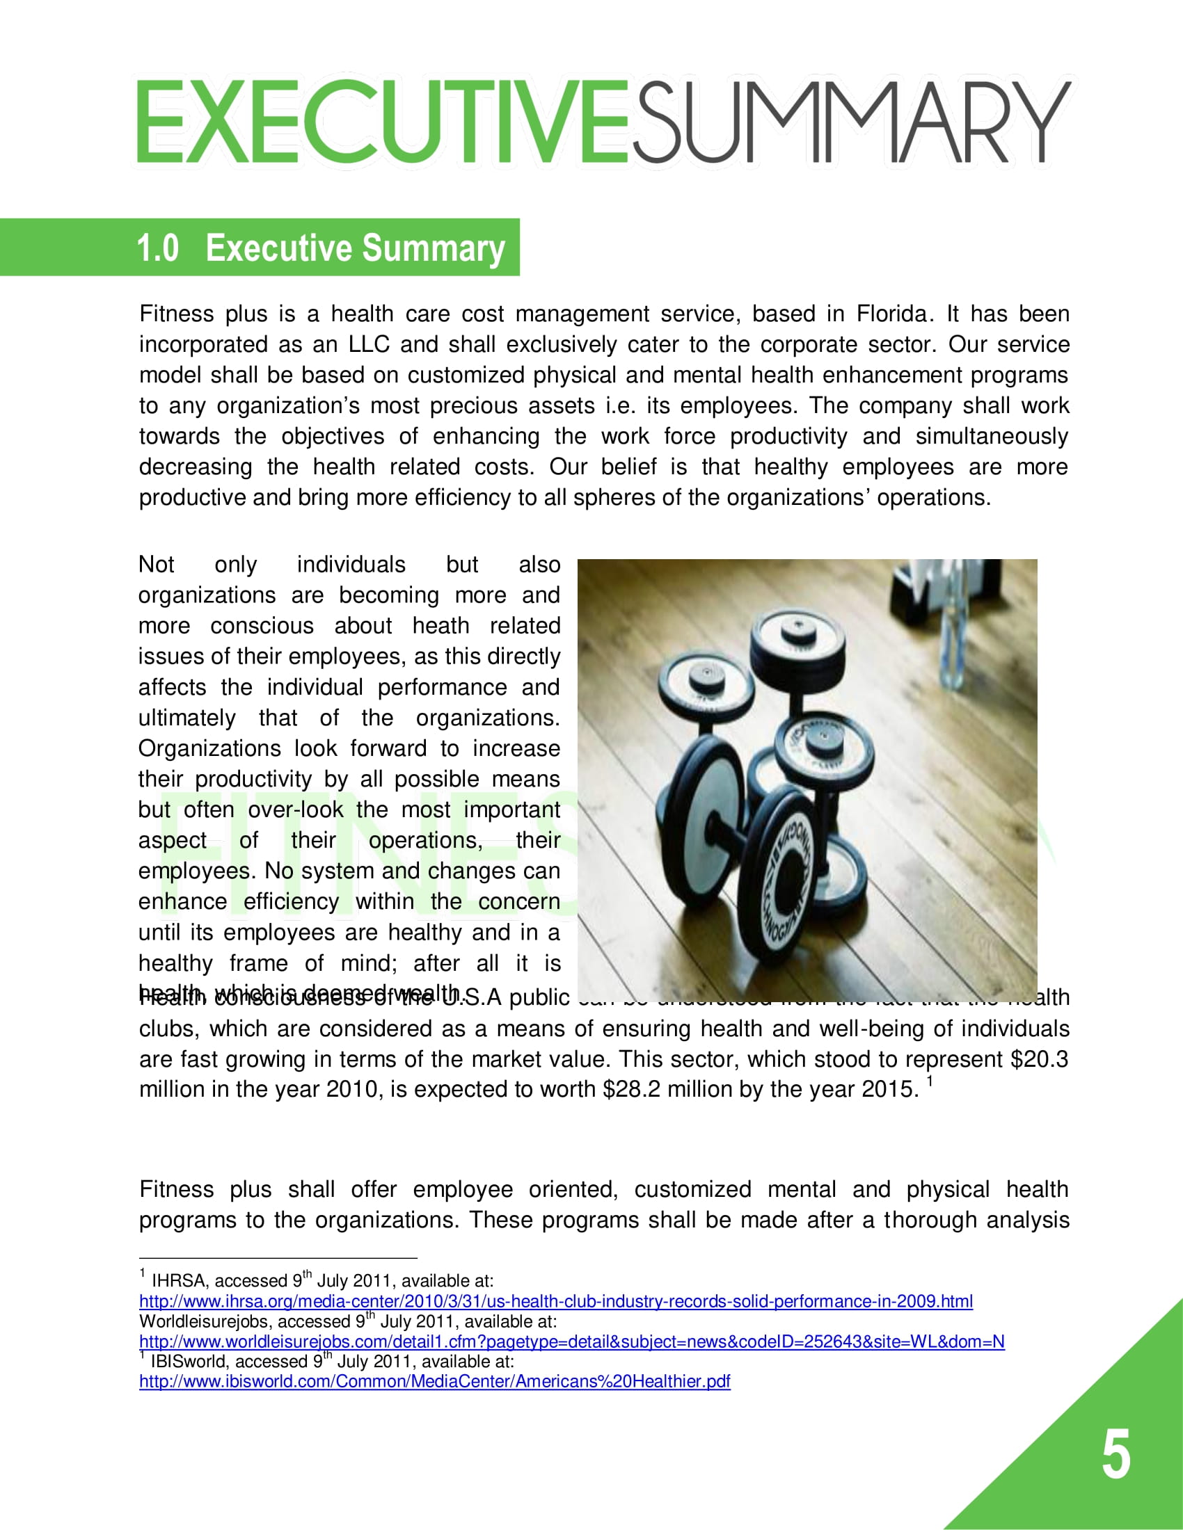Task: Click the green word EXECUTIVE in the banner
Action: click(382, 122)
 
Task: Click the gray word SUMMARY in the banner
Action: click(852, 122)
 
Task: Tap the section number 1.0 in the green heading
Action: click(158, 248)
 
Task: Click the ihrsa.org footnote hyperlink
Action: click(556, 1301)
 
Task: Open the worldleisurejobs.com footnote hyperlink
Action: click(571, 1341)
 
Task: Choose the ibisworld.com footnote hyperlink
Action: click(434, 1380)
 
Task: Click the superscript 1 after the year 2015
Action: click(929, 1081)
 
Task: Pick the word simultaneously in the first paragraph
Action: click(991, 437)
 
